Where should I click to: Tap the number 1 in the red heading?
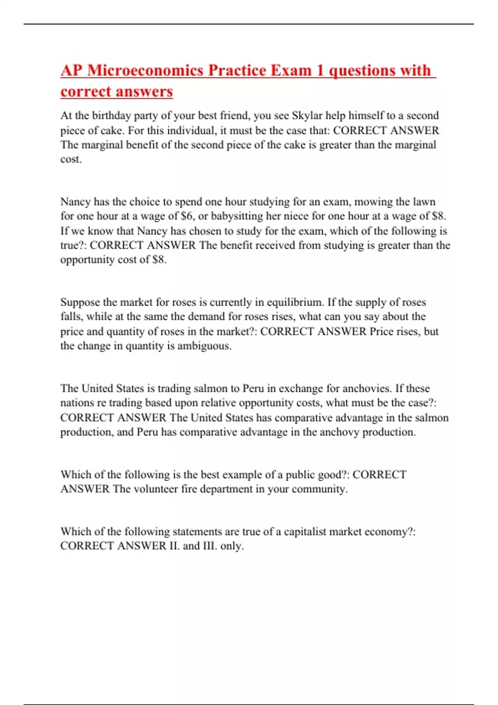pos(320,70)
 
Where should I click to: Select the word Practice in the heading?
pos(237,70)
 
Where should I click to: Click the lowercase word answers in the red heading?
pos(145,92)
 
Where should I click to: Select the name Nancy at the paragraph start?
pos(75,202)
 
